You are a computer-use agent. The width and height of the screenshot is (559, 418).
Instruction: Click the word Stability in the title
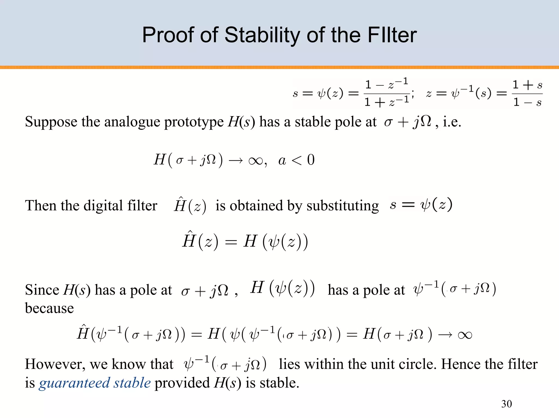[x=262, y=35]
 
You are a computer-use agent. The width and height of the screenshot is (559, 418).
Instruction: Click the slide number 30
[x=506, y=404]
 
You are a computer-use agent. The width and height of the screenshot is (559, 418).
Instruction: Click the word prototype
[x=194, y=122]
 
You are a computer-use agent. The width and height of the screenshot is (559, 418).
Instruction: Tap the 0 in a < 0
[x=311, y=160]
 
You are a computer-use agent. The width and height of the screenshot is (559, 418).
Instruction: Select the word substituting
[x=343, y=206]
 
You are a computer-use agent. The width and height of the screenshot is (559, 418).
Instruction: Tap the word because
[x=49, y=308]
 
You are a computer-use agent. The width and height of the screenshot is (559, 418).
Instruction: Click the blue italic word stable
[x=132, y=383]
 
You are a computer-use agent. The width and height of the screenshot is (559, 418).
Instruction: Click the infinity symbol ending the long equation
[x=465, y=335]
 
